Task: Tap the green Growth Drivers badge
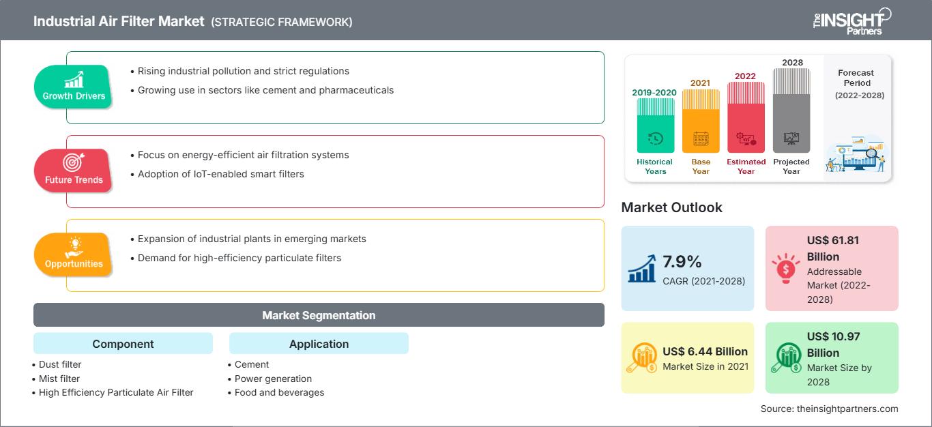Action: click(x=74, y=87)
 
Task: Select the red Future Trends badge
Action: click(x=74, y=171)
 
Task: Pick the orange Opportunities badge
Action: click(x=74, y=254)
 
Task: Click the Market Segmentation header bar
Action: click(x=319, y=315)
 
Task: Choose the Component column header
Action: click(x=123, y=344)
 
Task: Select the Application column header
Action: click(x=319, y=344)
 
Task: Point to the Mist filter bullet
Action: click(x=59, y=379)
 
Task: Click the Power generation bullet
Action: click(x=273, y=379)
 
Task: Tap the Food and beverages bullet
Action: click(x=279, y=392)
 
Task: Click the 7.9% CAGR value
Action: click(x=682, y=261)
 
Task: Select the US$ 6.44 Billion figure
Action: click(x=705, y=352)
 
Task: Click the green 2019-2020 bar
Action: click(x=655, y=126)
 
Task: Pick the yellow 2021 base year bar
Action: click(x=701, y=121)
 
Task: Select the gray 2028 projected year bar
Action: click(x=791, y=111)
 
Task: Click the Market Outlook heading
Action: click(x=671, y=207)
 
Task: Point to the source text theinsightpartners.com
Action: click(x=830, y=409)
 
